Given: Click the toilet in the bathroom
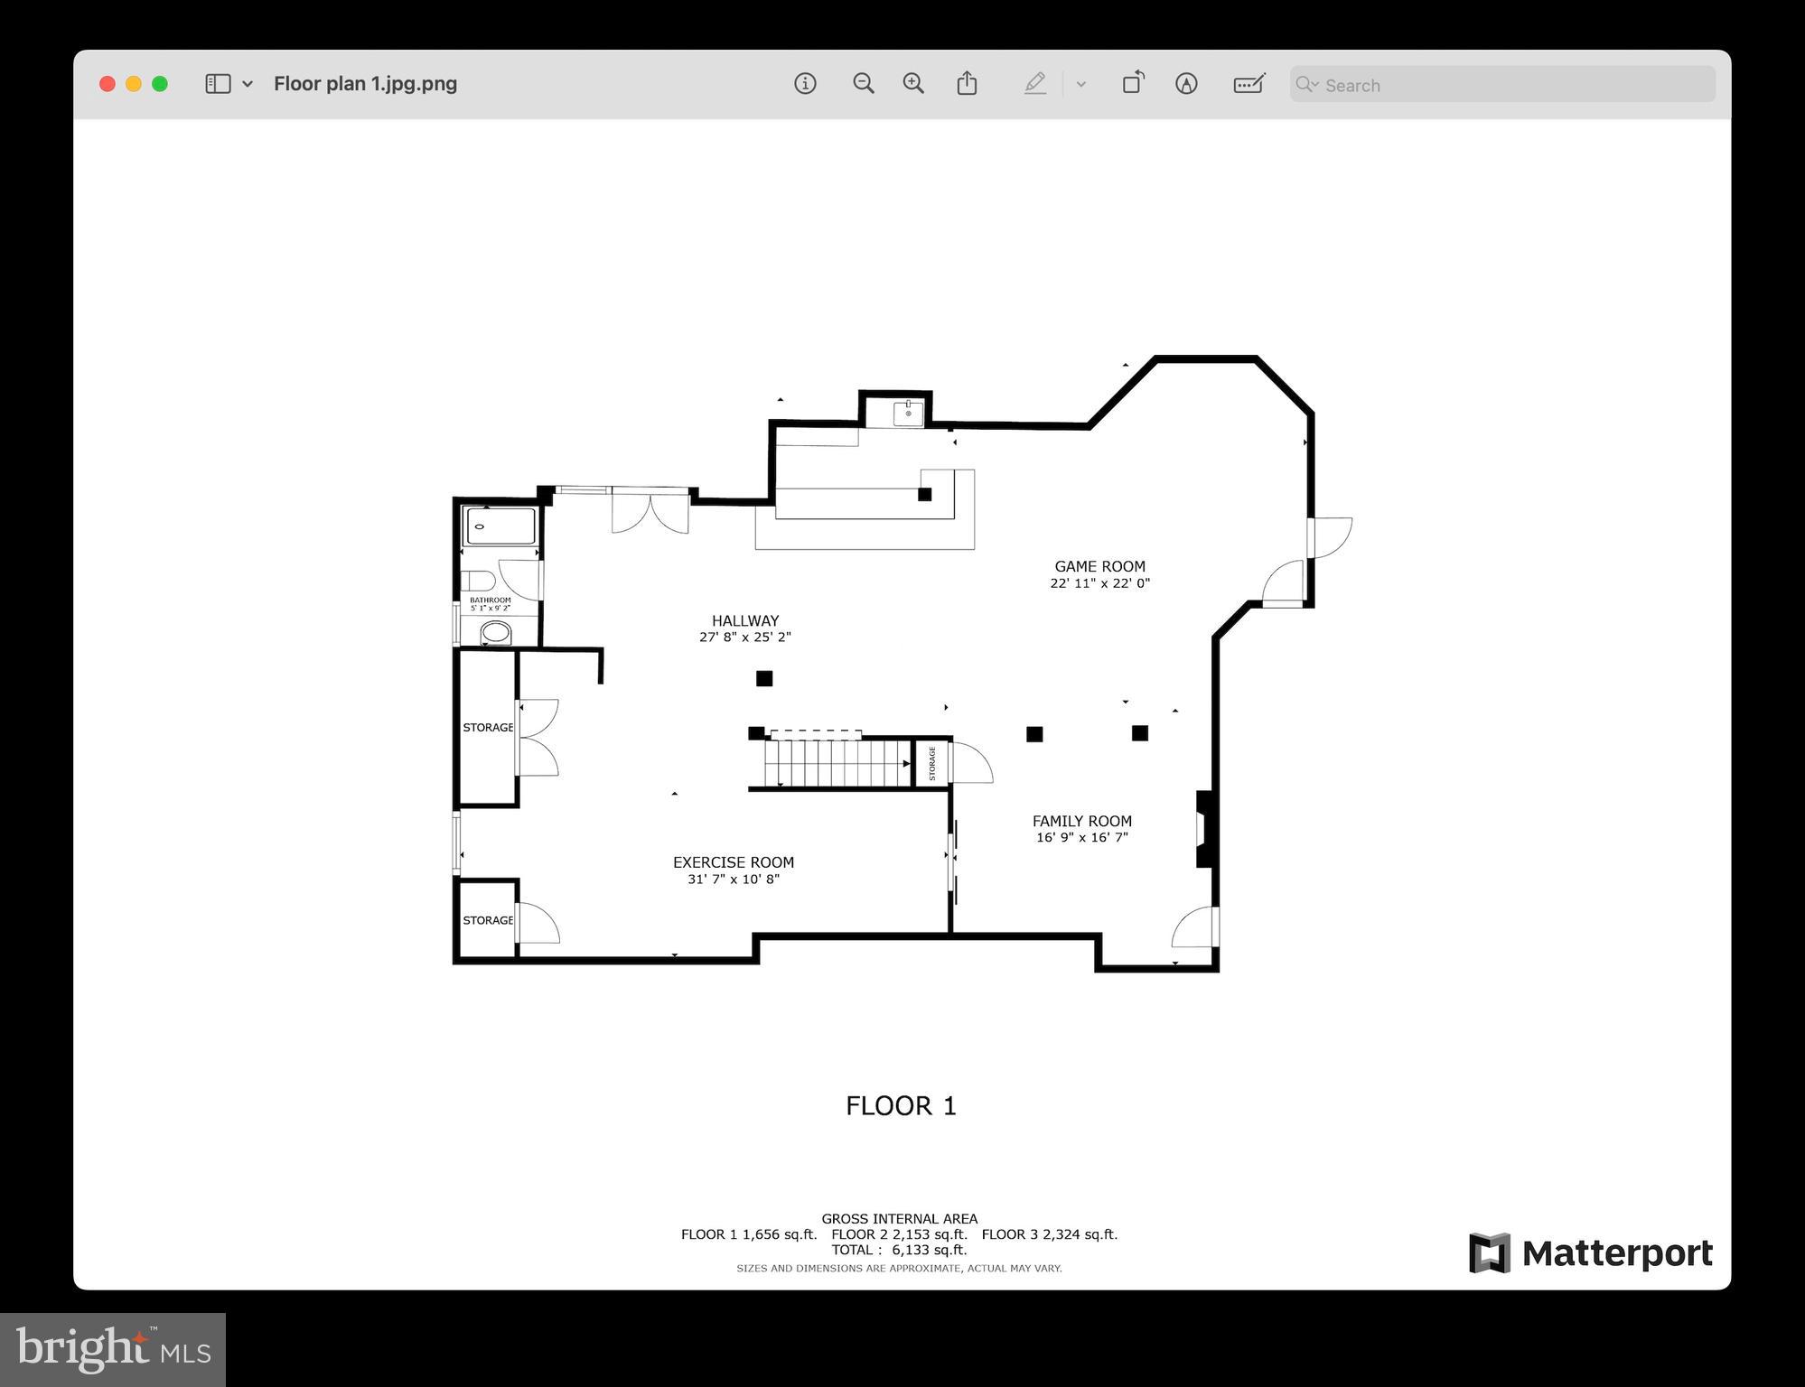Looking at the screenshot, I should (479, 580).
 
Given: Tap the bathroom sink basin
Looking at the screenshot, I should (495, 632).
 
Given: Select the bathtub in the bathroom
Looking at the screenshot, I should (500, 526).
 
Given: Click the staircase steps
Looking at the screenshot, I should (836, 763).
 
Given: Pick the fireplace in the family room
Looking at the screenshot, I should (1203, 829).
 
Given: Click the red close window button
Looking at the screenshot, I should (108, 84).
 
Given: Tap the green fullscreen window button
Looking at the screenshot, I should (160, 84).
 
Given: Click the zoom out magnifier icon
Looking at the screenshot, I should (863, 84).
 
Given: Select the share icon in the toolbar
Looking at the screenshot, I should (967, 84).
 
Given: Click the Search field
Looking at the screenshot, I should (1501, 85).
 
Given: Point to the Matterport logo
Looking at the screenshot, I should (1590, 1253).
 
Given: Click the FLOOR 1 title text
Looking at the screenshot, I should (900, 1106).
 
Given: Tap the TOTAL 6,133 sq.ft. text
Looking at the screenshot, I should (899, 1250).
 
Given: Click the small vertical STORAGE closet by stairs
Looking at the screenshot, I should (931, 764).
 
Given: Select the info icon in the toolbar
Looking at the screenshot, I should (805, 84).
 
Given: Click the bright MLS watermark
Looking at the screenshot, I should (113, 1349).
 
